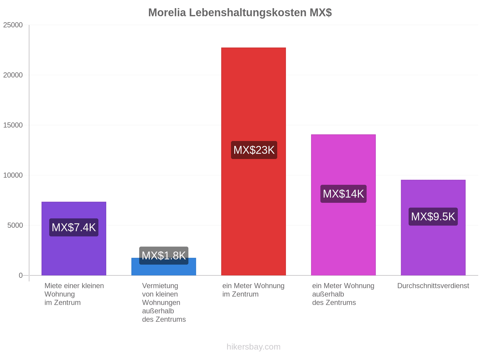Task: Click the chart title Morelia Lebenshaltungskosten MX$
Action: (240, 13)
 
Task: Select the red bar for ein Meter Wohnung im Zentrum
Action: (253, 161)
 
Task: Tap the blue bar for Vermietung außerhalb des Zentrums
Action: (163, 270)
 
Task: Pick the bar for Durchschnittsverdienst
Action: (433, 227)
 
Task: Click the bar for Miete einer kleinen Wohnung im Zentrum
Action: (74, 238)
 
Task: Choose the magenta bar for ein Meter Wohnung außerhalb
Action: (343, 205)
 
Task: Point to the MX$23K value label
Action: (254, 150)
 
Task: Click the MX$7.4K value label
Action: (74, 227)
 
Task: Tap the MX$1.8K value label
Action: (163, 256)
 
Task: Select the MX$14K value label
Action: (343, 194)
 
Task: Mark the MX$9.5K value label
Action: (433, 217)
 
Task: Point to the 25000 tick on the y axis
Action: (13, 25)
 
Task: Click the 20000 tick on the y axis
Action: (13, 75)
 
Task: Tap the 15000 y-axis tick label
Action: (13, 125)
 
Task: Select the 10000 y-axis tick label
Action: (13, 175)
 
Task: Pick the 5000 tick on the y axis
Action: (15, 225)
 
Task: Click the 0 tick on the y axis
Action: (21, 275)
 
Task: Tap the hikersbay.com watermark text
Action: (253, 347)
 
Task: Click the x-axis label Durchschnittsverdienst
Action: (433, 286)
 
